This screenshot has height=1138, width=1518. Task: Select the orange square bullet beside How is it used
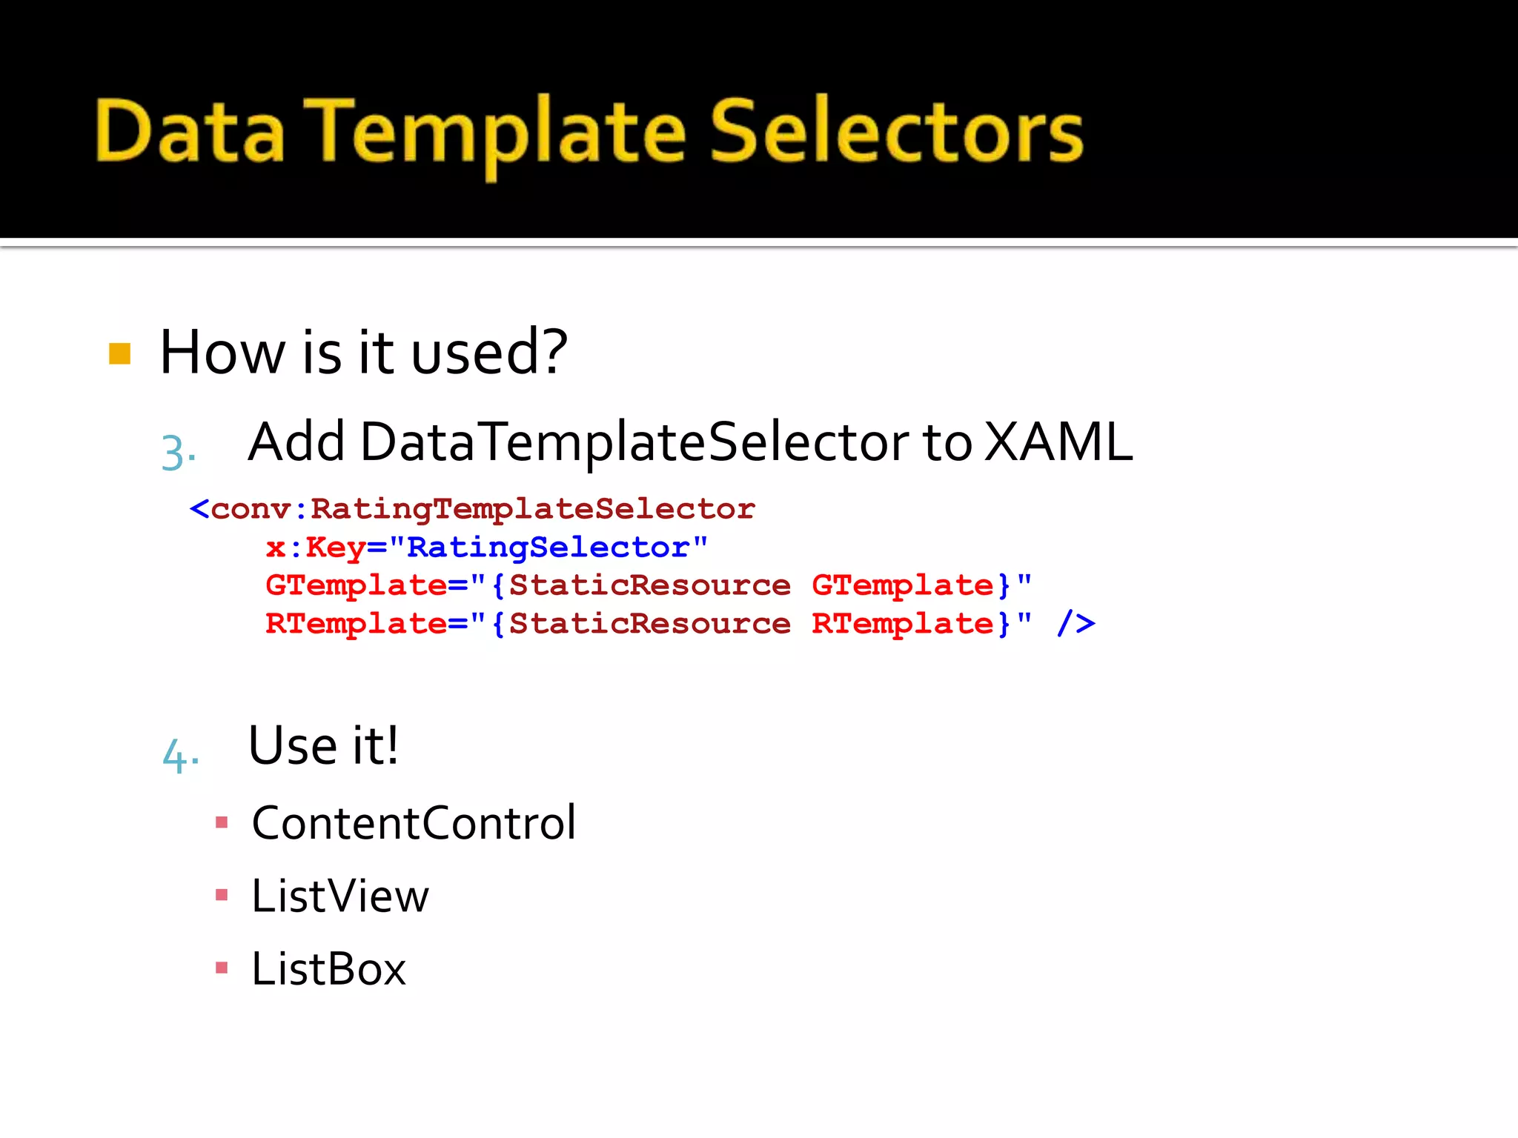(x=119, y=353)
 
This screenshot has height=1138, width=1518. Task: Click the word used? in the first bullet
(x=489, y=353)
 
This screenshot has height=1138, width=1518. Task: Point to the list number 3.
(x=178, y=452)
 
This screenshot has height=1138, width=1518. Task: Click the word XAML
(x=1058, y=442)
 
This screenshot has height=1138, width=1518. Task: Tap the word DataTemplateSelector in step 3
(x=634, y=442)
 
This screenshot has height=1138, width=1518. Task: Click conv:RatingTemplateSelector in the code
(x=482, y=509)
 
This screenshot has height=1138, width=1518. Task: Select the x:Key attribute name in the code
(x=315, y=548)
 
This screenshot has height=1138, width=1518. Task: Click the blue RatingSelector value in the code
(x=548, y=548)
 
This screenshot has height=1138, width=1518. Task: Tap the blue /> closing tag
(x=1075, y=623)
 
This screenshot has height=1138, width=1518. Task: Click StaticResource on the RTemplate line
(x=649, y=624)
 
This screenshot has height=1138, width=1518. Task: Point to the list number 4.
(x=180, y=756)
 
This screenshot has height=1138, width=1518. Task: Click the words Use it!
(x=323, y=745)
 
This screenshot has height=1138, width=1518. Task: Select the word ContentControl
(x=414, y=823)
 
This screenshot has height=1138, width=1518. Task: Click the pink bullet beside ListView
(x=221, y=895)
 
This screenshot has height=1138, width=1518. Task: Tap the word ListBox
(x=328, y=968)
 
